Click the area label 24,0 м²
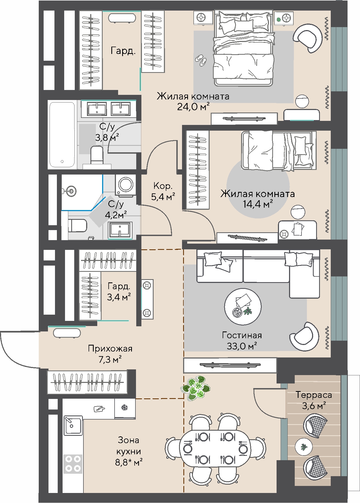[x=193, y=107]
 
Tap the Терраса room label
[x=314, y=395]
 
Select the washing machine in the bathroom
[x=125, y=185]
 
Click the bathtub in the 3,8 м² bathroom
[x=62, y=135]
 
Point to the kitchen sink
[x=73, y=425]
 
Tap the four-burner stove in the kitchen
[x=73, y=464]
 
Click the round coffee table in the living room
[x=243, y=307]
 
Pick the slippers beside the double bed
[x=201, y=60]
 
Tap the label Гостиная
[x=242, y=335]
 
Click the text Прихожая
[x=110, y=349]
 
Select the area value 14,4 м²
[x=258, y=204]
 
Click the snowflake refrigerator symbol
[x=124, y=407]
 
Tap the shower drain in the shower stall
[x=71, y=191]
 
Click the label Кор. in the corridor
[x=163, y=186]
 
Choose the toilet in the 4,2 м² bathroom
[x=78, y=226]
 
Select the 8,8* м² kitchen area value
[x=129, y=462]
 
